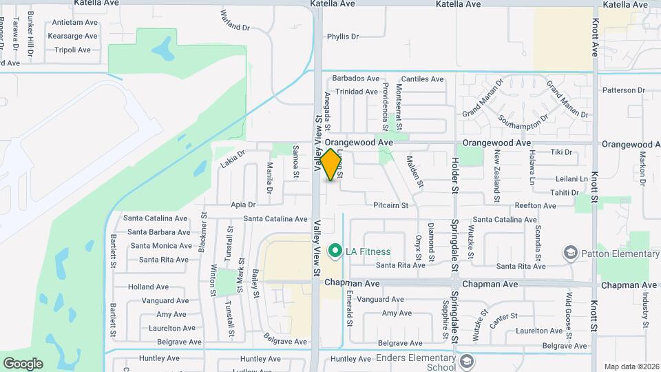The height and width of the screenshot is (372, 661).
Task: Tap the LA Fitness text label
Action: point(368,251)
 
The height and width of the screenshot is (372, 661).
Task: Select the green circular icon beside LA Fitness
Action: point(335,251)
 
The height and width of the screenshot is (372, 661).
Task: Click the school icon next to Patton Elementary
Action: point(570,254)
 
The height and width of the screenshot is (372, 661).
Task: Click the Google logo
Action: point(23,364)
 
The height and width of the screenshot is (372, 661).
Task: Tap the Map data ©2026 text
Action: point(631,366)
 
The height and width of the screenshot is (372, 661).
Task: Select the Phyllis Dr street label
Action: point(343,37)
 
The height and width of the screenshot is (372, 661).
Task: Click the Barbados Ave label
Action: point(356,79)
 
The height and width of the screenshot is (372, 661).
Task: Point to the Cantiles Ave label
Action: point(422,79)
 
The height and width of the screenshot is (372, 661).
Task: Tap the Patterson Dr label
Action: point(623,90)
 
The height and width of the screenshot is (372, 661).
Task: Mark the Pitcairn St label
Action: point(390,205)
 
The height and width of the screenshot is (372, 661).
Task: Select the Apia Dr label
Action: point(243,205)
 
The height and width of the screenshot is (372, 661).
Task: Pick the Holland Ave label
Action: point(148,287)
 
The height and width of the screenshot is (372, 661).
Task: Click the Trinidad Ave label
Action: point(357,92)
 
